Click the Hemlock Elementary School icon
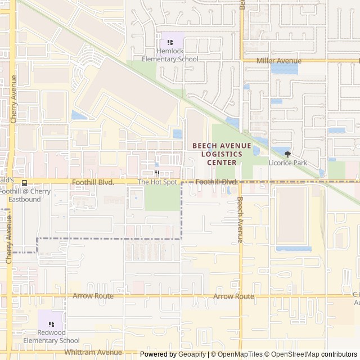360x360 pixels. pyautogui.click(x=170, y=42)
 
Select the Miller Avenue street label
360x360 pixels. pyautogui.click(x=278, y=61)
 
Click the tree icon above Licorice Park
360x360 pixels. pyautogui.click(x=288, y=154)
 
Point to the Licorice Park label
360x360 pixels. pyautogui.click(x=288, y=163)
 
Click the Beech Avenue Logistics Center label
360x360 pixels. pyautogui.click(x=221, y=154)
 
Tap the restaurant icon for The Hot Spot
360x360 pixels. pyautogui.click(x=157, y=173)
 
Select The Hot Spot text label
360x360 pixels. pyautogui.click(x=157, y=182)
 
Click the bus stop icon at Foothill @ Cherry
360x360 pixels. pyautogui.click(x=24, y=183)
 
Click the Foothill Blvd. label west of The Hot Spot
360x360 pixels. pyautogui.click(x=93, y=182)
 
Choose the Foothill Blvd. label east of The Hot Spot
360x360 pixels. pyautogui.click(x=217, y=182)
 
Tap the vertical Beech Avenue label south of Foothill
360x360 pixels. pyautogui.click(x=240, y=219)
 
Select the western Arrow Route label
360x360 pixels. pyautogui.click(x=93, y=296)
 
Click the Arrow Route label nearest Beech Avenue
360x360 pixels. pyautogui.click(x=233, y=296)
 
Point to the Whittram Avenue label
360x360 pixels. pyautogui.click(x=93, y=353)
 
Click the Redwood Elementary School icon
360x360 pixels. pyautogui.click(x=51, y=324)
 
